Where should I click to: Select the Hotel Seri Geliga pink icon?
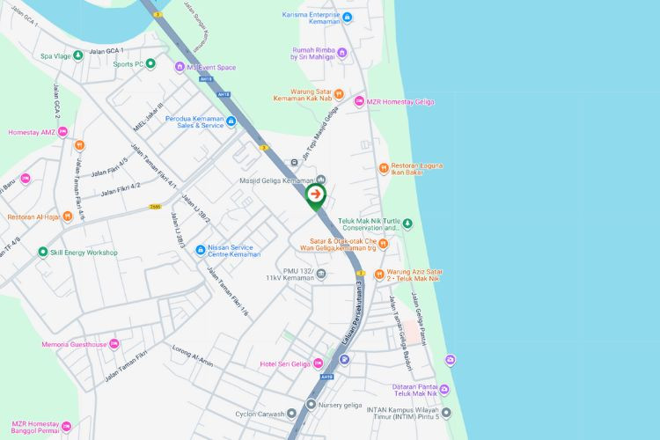pos(319,363)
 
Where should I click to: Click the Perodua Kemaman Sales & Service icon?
pos(231,121)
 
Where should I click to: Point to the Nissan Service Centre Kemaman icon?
pos(201,250)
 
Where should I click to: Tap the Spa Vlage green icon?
pos(77,55)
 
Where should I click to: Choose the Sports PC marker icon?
pos(150,63)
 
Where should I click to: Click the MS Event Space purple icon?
pos(180,67)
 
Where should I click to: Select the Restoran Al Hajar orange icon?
pos(68,216)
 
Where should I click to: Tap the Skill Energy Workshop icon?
pos(42,253)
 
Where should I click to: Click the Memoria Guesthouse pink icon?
pos(114,344)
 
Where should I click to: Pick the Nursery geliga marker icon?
pos(311,405)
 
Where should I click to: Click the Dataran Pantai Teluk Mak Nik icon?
pos(445,390)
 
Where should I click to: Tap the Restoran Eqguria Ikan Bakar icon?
pos(384,168)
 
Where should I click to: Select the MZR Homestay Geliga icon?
pos(359,102)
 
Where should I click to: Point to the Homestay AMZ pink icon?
pos(78,144)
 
